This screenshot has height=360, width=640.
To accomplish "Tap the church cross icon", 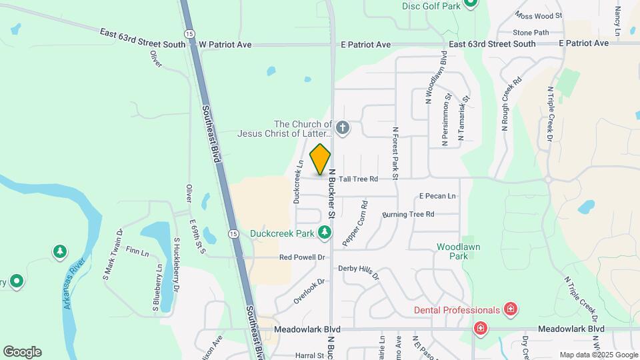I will tap(342, 127).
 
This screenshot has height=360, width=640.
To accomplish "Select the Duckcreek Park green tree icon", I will tap(324, 233).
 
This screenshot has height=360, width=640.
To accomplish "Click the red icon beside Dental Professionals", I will tap(511, 309).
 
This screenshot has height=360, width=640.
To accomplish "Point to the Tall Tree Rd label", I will tap(358, 179).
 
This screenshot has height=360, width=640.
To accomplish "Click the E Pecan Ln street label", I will tap(437, 196).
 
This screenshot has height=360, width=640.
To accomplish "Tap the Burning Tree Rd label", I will tap(408, 215).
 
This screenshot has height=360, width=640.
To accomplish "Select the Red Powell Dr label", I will tap(302, 257).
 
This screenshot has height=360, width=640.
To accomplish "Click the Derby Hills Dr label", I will tap(359, 271).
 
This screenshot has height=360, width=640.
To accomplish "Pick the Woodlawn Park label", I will tap(458, 251).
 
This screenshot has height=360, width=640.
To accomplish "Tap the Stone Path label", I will tap(531, 33).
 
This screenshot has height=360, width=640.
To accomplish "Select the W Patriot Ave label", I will tap(225, 45).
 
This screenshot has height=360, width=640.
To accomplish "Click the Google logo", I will tap(22, 352).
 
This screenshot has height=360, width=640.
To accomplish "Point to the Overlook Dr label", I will tap(311, 291).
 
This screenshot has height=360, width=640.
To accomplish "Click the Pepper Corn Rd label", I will tap(355, 224).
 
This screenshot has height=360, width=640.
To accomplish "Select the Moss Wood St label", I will tap(539, 15).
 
